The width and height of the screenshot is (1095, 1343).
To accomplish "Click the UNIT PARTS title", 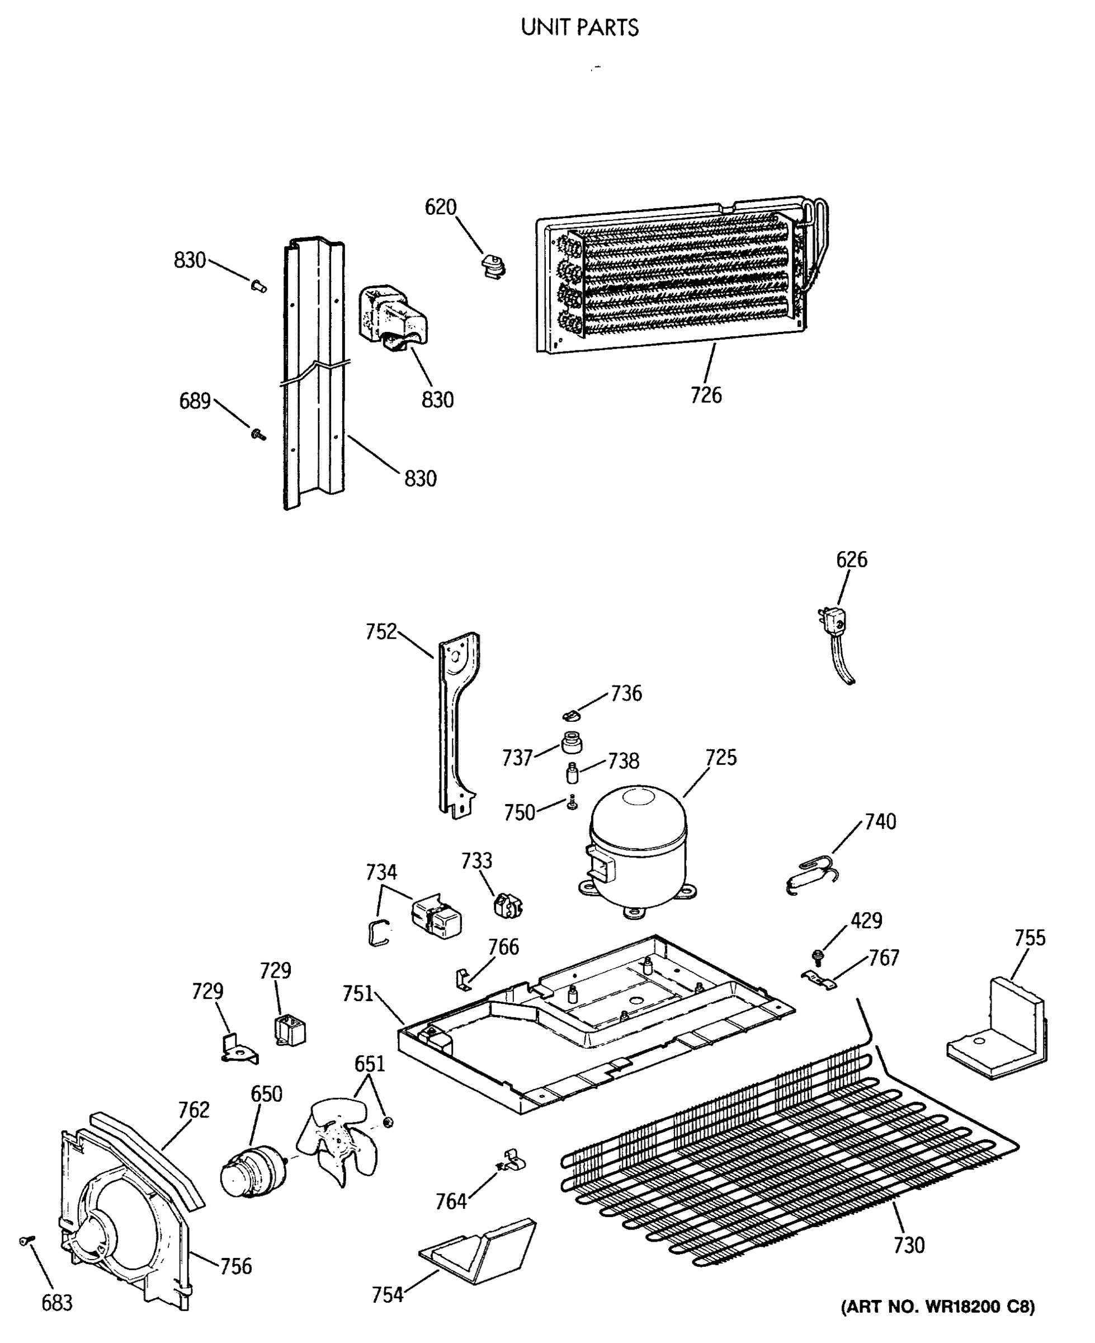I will (579, 28).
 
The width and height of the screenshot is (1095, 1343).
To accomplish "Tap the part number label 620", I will (440, 207).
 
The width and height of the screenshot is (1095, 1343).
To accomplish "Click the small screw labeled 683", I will (26, 1240).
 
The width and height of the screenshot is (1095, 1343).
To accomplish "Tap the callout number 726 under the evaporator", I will (706, 395).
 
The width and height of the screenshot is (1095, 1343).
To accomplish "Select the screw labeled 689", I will (258, 434).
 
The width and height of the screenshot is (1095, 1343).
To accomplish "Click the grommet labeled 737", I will (571, 743).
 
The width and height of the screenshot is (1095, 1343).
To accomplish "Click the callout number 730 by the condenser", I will (909, 1245).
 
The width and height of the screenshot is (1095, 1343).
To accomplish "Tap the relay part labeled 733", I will (507, 905).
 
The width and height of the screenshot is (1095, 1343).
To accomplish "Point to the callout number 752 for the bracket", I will (381, 632).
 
